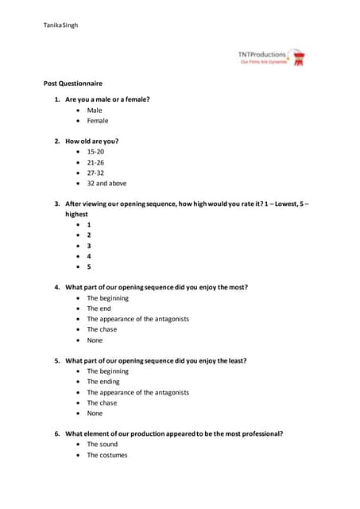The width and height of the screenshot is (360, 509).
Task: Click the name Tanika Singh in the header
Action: (60, 25)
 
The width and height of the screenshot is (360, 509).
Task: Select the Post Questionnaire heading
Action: (72, 84)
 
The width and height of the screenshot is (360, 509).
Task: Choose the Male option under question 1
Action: (95, 111)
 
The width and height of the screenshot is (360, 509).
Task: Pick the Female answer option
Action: (98, 121)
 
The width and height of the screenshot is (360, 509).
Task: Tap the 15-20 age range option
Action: (96, 151)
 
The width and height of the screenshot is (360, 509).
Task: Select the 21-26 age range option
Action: (96, 161)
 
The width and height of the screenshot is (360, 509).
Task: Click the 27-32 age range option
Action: (96, 173)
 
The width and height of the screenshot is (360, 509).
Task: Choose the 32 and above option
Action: (106, 183)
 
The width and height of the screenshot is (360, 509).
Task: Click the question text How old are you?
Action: (91, 141)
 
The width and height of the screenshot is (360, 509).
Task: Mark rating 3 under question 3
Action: (89, 246)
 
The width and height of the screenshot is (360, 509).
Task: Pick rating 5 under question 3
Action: (89, 266)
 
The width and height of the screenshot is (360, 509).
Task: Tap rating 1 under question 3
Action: (89, 224)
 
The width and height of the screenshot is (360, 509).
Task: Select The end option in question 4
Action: (99, 309)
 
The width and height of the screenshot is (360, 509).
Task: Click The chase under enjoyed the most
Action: (102, 329)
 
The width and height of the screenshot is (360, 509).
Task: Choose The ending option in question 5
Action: (103, 382)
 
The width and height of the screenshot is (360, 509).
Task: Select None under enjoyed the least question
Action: (95, 414)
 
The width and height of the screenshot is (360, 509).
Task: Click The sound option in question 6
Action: (103, 444)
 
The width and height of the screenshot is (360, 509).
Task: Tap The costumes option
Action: (107, 455)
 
